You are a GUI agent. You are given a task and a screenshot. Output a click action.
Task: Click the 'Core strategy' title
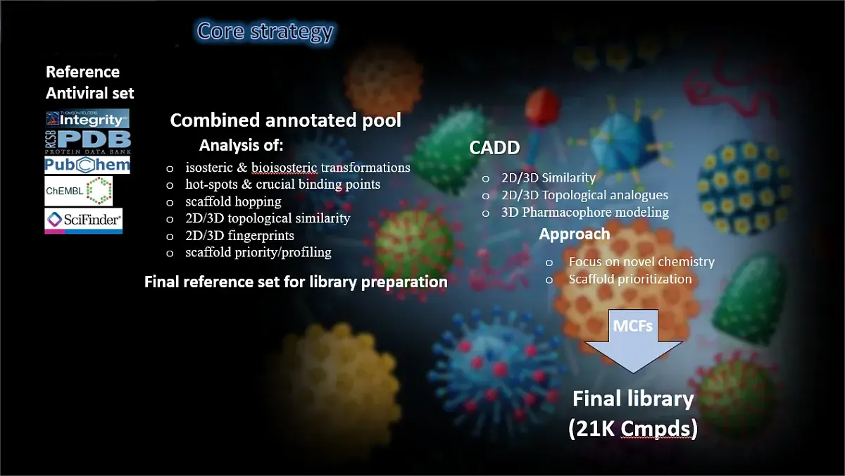(x=265, y=32)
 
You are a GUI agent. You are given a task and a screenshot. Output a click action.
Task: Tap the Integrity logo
(x=87, y=118)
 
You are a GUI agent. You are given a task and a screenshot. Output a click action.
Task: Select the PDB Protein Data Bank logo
(x=87, y=141)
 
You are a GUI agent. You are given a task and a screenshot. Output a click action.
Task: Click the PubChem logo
(x=87, y=165)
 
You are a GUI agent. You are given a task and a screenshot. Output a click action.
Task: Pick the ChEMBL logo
(x=78, y=191)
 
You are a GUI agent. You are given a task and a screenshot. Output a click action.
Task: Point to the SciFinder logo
(x=83, y=220)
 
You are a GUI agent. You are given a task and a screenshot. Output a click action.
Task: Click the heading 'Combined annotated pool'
(x=285, y=120)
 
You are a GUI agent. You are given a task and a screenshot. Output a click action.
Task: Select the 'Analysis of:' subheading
(x=241, y=146)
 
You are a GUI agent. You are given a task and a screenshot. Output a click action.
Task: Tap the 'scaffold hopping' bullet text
(x=233, y=201)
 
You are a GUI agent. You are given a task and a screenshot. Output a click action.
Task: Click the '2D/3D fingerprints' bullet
(x=239, y=235)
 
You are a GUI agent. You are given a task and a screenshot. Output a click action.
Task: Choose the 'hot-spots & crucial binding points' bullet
(x=282, y=184)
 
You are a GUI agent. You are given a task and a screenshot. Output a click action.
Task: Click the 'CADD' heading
(x=494, y=148)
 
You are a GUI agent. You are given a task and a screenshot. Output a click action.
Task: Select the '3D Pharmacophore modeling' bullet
(x=584, y=212)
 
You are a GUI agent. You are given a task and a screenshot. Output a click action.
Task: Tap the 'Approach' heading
(x=574, y=234)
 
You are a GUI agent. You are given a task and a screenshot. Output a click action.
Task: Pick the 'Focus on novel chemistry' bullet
(x=641, y=262)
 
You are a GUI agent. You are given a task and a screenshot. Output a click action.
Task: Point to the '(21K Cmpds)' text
(x=632, y=429)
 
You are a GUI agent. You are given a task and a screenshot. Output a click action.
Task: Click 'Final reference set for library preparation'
(x=296, y=282)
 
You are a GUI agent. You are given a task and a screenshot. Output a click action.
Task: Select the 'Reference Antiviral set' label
(x=89, y=82)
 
